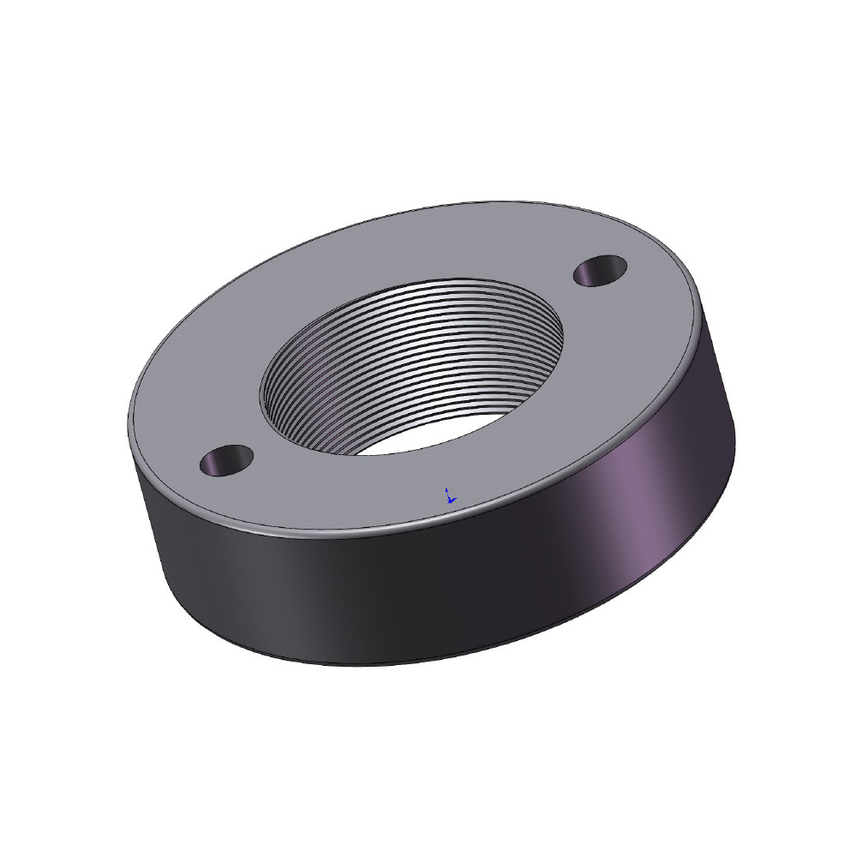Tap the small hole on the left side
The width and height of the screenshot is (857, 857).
click(x=225, y=460)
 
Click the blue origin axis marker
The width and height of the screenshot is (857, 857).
click(x=448, y=496)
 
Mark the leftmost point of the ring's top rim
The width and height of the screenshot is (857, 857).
click(x=128, y=428)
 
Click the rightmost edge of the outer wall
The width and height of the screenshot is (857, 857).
click(x=734, y=437)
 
